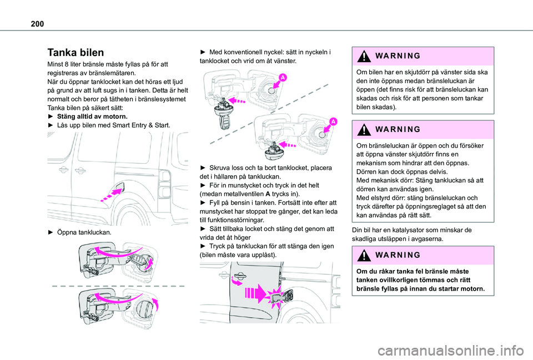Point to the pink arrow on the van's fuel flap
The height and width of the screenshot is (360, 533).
(x=111, y=195)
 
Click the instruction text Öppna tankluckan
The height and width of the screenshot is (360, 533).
(x=83, y=232)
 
